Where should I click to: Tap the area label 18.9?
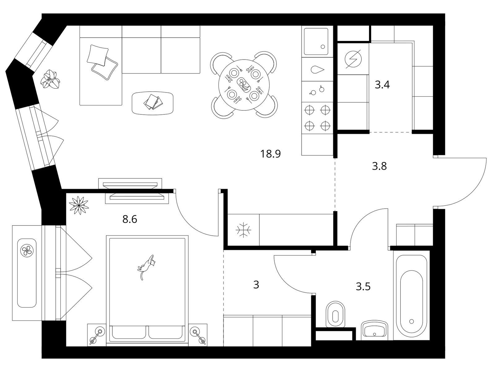point(270,154)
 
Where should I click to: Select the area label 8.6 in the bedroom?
point(129,219)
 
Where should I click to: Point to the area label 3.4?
point(382,85)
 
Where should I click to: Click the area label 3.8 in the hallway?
point(379,166)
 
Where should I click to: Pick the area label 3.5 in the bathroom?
point(363,286)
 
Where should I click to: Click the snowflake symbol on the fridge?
point(243,230)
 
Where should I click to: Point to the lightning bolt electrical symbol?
point(353,59)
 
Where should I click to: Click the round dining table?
point(244,85)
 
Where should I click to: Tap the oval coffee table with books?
point(153,103)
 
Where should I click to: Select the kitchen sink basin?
point(316,42)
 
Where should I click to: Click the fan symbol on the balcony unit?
point(27,250)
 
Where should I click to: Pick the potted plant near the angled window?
point(50,79)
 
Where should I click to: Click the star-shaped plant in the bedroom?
point(79,205)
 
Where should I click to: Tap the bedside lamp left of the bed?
point(97,334)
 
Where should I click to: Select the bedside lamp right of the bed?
point(198,334)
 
